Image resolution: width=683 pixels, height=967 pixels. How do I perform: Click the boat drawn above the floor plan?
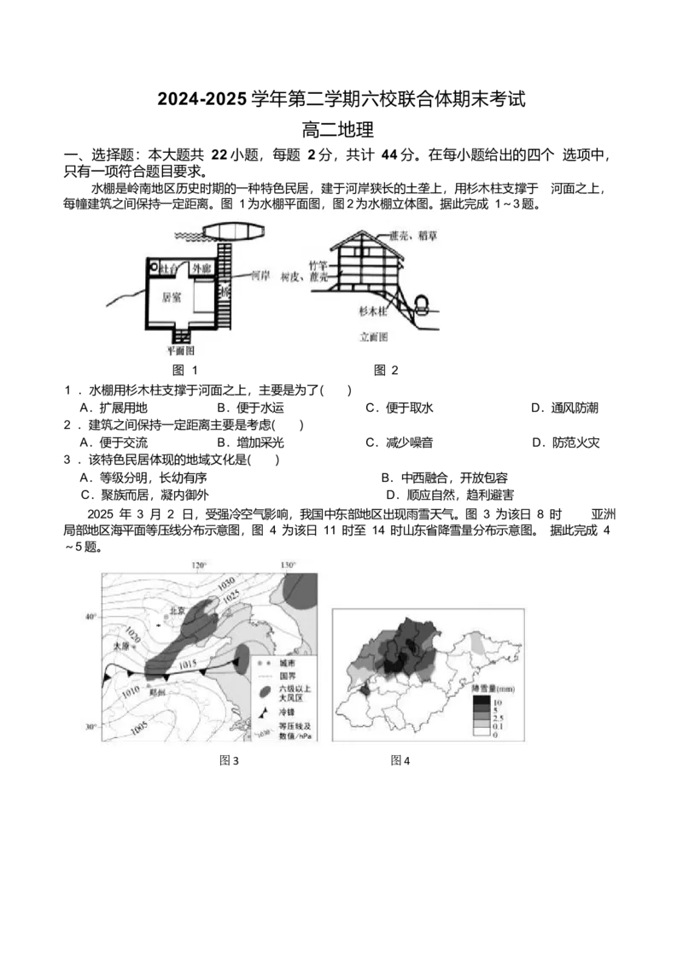click(233, 231)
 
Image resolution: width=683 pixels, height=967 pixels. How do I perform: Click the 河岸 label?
click(260, 277)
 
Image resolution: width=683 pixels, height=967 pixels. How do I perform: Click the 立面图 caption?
click(373, 337)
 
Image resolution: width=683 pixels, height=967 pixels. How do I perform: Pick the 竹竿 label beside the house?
click(318, 267)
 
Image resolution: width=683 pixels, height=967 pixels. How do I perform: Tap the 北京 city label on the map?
click(177, 611)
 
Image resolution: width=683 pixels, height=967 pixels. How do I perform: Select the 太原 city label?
click(120, 647)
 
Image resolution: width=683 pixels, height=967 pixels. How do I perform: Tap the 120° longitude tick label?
click(199, 566)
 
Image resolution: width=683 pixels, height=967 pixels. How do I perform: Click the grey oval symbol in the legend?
click(266, 691)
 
